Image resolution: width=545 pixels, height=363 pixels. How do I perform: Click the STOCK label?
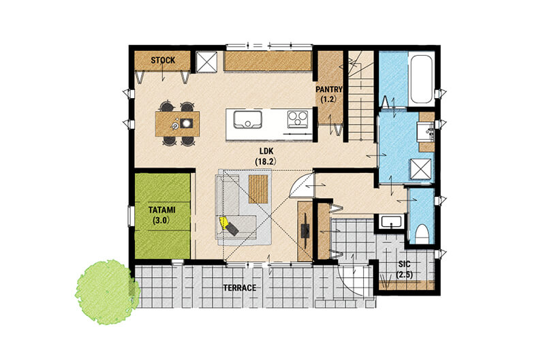point(163,60)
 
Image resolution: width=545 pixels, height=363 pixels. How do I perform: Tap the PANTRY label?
point(329,89)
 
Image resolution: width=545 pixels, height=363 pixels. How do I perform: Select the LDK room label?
point(266,151)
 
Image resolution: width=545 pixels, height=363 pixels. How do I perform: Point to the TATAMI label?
point(161,210)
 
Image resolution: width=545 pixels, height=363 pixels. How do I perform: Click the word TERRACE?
point(240,287)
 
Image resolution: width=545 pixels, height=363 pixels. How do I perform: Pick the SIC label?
point(404,264)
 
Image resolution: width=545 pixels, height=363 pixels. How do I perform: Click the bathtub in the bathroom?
point(421,78)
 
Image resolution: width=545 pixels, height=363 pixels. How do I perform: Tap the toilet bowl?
point(421,234)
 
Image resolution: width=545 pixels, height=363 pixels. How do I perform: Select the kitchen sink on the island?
point(247,119)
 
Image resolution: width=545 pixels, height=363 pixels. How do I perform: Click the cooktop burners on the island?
point(298,119)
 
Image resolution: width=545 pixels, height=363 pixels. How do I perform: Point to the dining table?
point(178,124)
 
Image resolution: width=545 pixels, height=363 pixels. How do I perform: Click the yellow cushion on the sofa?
point(223,222)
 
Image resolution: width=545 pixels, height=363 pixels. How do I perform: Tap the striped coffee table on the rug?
point(258,189)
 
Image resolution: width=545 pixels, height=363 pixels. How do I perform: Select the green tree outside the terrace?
point(108,292)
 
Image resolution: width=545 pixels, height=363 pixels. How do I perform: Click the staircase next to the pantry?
point(361,96)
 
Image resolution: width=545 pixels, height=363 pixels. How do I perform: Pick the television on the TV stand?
point(305,230)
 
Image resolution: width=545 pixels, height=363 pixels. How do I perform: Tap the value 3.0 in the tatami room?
point(161,220)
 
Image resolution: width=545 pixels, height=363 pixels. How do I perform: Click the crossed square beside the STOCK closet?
point(206,62)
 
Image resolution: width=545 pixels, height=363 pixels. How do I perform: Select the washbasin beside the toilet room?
point(392,221)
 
